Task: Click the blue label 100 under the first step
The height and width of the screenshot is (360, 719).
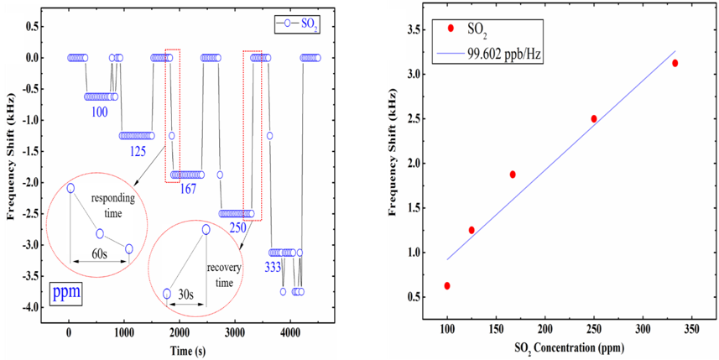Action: (x=100, y=111)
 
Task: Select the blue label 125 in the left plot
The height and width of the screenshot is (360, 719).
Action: (x=142, y=151)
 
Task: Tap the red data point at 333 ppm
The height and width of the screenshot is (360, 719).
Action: (x=675, y=63)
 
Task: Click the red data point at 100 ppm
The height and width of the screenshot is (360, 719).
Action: (x=447, y=285)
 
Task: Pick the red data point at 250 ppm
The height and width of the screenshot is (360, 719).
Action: (x=594, y=118)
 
